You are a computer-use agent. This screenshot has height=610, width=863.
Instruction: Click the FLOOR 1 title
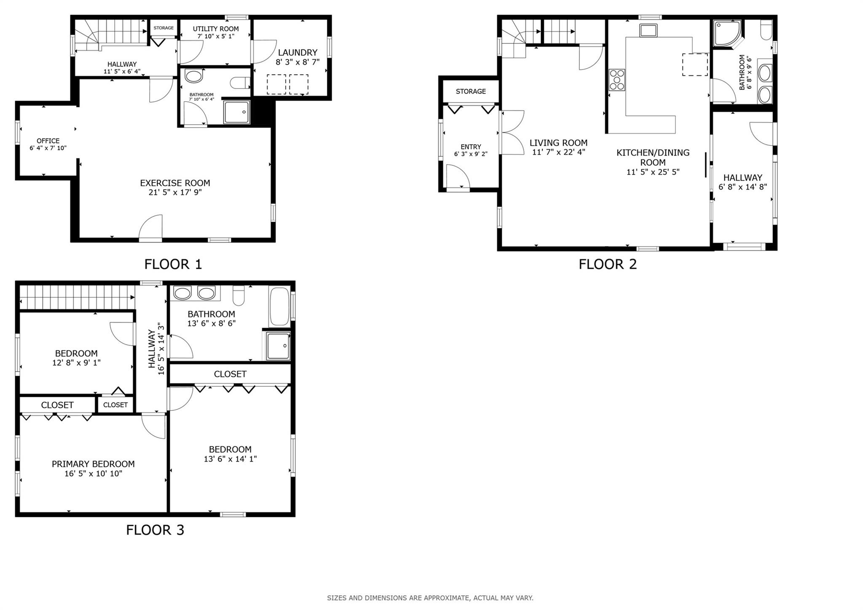pyautogui.click(x=173, y=264)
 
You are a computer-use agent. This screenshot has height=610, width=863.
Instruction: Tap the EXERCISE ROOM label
pyautogui.click(x=175, y=183)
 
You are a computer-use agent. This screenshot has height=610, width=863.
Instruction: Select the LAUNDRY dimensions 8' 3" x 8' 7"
pyautogui.click(x=297, y=62)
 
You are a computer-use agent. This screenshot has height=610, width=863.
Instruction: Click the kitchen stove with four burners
pyautogui.click(x=617, y=80)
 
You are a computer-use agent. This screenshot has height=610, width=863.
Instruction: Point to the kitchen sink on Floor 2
pyautogui.click(x=648, y=30)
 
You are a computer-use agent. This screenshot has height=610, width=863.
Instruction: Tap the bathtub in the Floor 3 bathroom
pyautogui.click(x=279, y=306)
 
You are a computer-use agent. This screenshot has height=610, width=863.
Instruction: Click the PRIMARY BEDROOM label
pyautogui.click(x=93, y=464)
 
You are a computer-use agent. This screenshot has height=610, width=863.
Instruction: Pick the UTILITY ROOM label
pyautogui.click(x=216, y=29)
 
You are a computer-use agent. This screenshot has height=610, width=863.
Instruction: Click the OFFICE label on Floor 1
pyautogui.click(x=48, y=141)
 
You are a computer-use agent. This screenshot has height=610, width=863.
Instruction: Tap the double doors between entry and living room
pyautogui.click(x=512, y=133)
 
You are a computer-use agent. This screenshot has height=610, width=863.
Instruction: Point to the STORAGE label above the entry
pyautogui.click(x=471, y=91)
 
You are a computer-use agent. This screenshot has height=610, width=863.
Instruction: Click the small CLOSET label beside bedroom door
pyautogui.click(x=115, y=405)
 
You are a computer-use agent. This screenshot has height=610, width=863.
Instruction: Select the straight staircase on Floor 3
pyautogui.click(x=76, y=297)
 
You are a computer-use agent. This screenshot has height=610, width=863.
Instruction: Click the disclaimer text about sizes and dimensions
pyautogui.click(x=430, y=598)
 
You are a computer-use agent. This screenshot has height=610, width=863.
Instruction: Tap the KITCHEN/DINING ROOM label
pyautogui.click(x=653, y=157)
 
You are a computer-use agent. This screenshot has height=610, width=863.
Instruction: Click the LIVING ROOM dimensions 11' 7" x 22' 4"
pyautogui.click(x=558, y=152)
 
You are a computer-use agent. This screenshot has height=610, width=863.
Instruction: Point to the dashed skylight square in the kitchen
pyautogui.click(x=695, y=64)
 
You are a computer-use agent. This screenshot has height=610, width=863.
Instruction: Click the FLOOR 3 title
pyautogui.click(x=155, y=530)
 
